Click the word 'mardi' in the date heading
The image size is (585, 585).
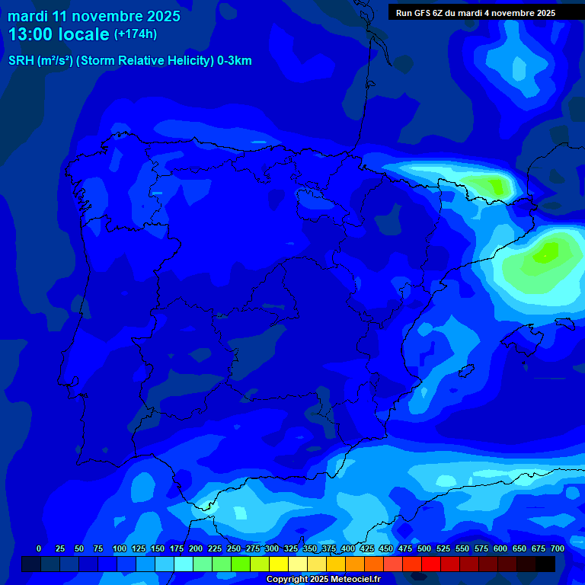[x=28, y=16]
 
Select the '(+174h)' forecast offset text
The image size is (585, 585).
[x=135, y=34]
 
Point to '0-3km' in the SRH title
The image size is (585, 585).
[x=235, y=61]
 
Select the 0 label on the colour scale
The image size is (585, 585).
[x=39, y=548]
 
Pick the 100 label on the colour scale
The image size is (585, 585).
[x=119, y=548]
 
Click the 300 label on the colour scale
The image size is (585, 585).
[x=272, y=548]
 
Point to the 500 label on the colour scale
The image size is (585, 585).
[x=424, y=548]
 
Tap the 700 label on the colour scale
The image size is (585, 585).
[x=558, y=548]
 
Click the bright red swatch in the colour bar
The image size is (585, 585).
[x=431, y=564]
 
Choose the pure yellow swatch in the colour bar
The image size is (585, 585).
[x=279, y=564]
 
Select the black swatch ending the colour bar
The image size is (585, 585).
[x=545, y=564]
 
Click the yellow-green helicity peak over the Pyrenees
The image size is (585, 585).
[x=491, y=184]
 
